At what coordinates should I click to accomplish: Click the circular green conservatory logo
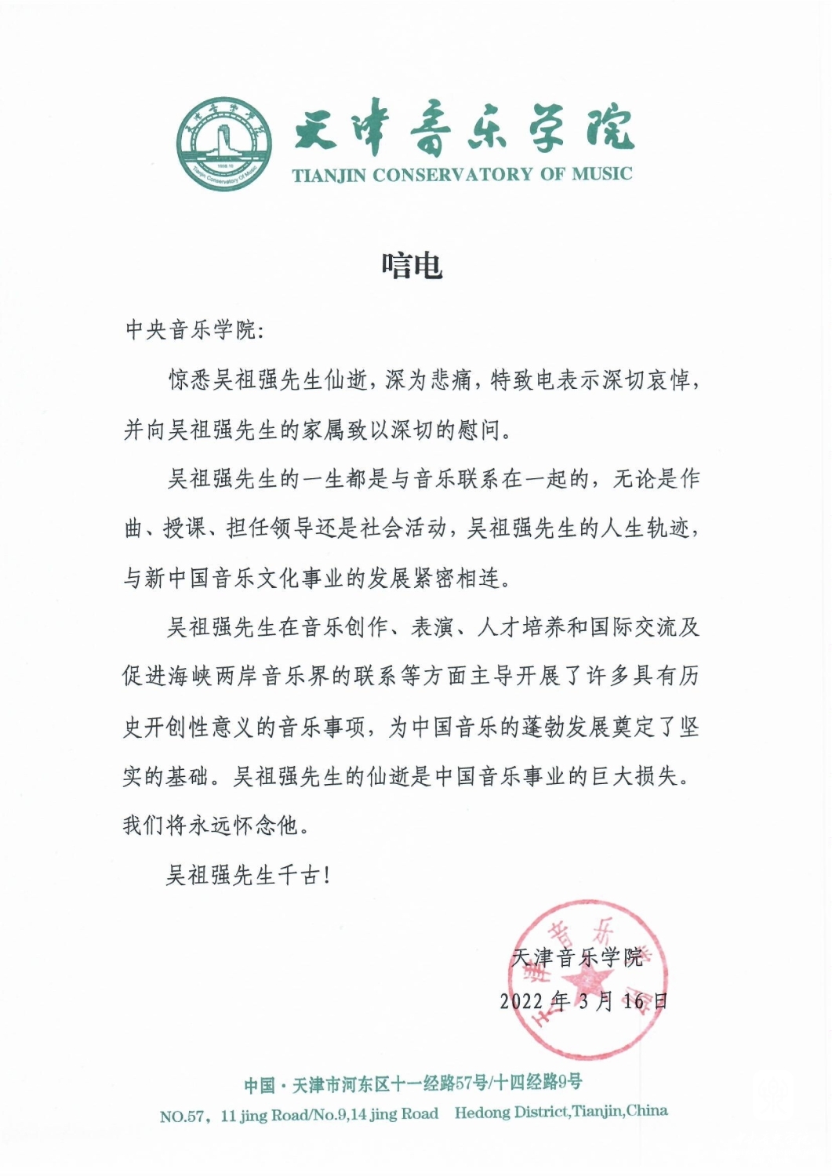[x=225, y=143]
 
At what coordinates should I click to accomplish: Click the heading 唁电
[x=412, y=266]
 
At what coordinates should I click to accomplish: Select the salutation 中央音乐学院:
[x=195, y=330]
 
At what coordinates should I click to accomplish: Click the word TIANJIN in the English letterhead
[x=330, y=175]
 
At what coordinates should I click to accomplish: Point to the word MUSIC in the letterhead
[x=601, y=174]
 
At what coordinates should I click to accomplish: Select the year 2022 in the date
[x=522, y=1001]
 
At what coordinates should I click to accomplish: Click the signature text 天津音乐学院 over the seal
[x=576, y=957]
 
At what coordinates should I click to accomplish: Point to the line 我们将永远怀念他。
[x=211, y=826]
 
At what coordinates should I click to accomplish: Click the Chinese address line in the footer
[x=413, y=1084]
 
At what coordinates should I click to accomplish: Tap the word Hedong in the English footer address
[x=481, y=1112]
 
